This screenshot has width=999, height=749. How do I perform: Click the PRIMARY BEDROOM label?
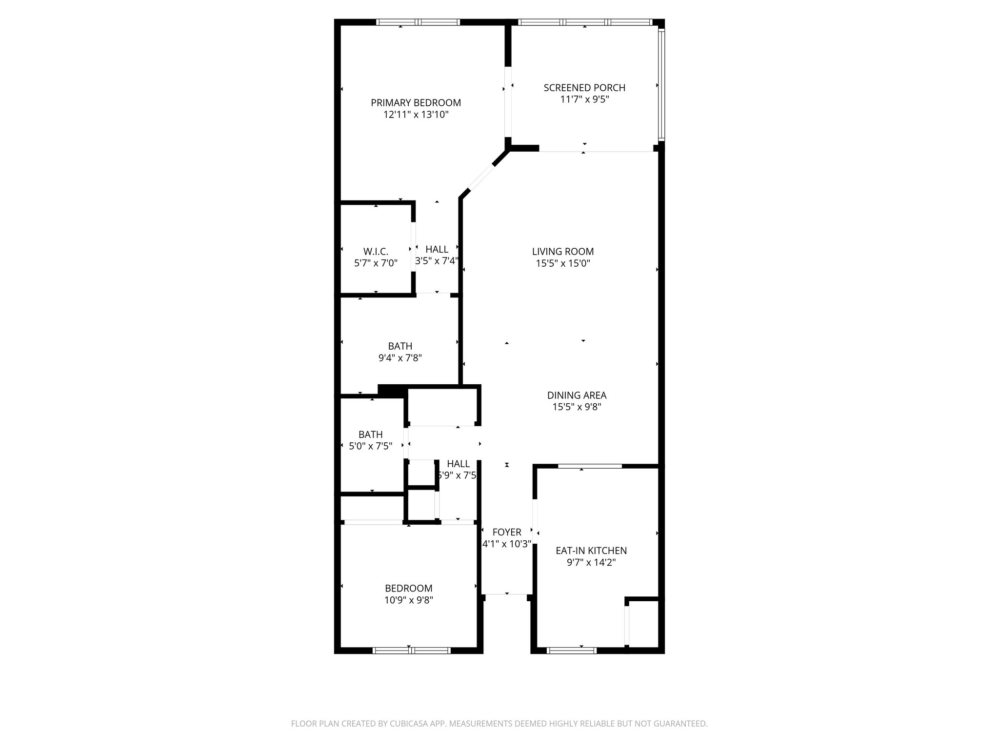(416, 103)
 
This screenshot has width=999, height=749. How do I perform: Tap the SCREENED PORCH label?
(584, 88)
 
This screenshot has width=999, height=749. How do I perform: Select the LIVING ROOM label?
(563, 252)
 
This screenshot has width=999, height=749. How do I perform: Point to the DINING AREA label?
(577, 395)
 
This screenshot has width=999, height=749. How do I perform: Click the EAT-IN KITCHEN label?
(591, 551)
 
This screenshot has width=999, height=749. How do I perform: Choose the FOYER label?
(507, 532)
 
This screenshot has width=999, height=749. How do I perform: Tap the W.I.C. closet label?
(376, 252)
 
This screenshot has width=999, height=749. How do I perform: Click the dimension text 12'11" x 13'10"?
(416, 115)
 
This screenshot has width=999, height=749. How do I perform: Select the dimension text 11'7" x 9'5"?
(584, 100)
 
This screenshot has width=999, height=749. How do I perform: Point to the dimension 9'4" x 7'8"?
(400, 358)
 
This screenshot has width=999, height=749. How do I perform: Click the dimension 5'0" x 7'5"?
(370, 446)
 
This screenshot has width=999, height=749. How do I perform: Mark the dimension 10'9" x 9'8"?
(409, 600)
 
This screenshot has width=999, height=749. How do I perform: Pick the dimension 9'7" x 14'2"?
(591, 563)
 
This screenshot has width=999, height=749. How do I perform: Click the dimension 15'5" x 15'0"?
(563, 264)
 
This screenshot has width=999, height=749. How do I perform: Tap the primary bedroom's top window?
(418, 22)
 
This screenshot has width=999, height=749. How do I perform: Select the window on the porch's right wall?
(661, 84)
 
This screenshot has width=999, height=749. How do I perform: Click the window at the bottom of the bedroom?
(411, 650)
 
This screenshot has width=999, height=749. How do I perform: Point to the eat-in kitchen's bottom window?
(572, 650)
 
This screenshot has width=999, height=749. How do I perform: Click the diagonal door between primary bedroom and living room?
(481, 179)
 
